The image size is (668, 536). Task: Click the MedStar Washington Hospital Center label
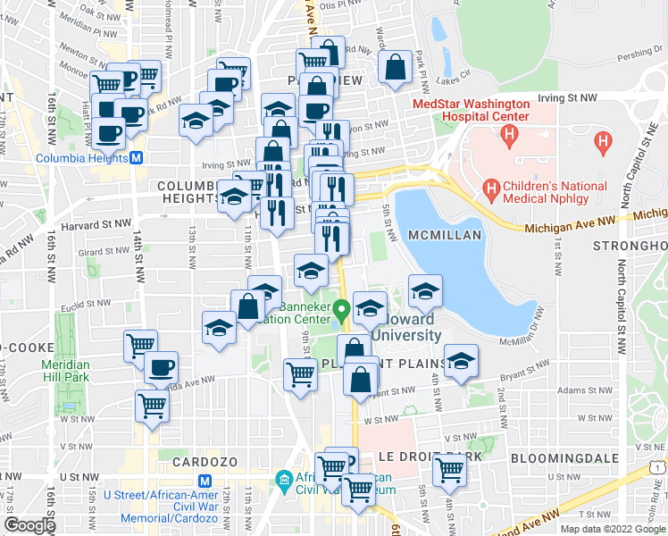pyautogui.click(x=471, y=110)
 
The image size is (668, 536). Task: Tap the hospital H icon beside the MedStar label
pyautogui.click(x=510, y=136)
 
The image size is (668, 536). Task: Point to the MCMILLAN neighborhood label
pyautogui.click(x=445, y=234)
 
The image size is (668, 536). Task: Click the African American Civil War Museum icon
pyautogui.click(x=284, y=481)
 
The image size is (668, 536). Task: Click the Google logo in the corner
pyautogui.click(x=29, y=524)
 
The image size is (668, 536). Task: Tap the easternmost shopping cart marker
pyautogui.click(x=450, y=467)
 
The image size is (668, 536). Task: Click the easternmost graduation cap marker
pyautogui.click(x=461, y=360)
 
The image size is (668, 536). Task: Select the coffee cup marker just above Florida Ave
pyautogui.click(x=161, y=366)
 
